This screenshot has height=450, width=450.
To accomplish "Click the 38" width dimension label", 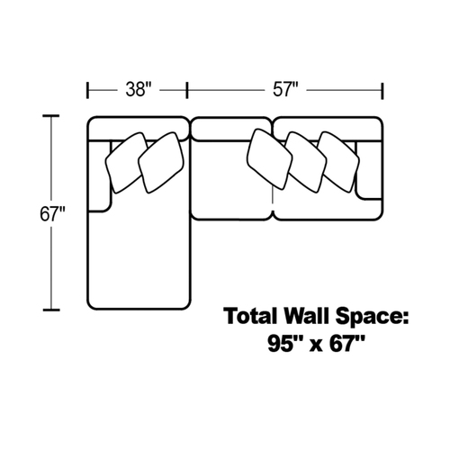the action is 139,89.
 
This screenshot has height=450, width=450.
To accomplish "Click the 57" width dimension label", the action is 285,89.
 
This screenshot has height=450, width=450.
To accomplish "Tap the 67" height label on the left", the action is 52,214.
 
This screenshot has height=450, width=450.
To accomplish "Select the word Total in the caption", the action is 251,316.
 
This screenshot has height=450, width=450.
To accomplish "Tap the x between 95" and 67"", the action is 316,346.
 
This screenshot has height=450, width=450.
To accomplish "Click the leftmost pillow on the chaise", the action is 125,163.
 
